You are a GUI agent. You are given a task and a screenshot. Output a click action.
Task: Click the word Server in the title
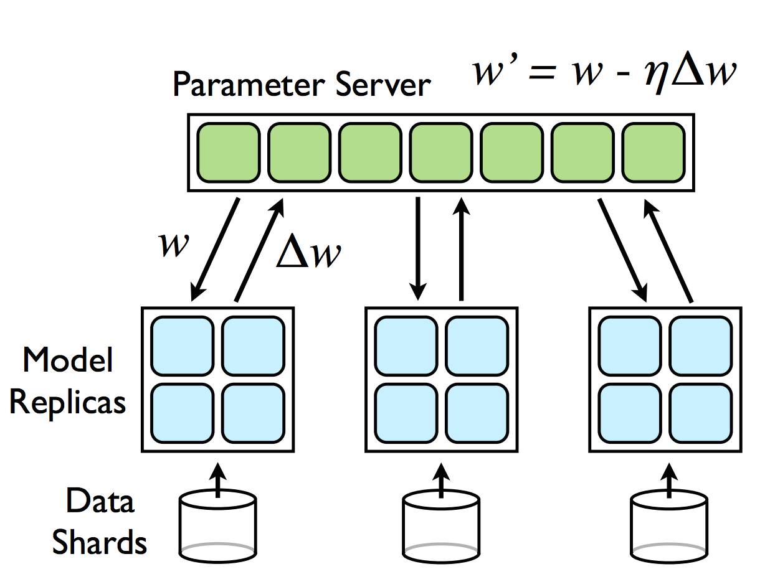(383, 84)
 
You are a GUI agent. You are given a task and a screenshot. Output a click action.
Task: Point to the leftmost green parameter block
(229, 153)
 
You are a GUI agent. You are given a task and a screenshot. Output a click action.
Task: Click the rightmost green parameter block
(653, 153)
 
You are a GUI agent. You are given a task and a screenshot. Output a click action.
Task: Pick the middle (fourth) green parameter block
(441, 153)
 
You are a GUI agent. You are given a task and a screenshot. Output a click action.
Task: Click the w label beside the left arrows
(174, 244)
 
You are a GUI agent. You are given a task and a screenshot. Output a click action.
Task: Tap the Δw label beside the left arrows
(309, 251)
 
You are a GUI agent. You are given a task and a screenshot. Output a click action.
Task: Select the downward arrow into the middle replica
(418, 248)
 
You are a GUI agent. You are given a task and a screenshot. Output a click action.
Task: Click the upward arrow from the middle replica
(461, 249)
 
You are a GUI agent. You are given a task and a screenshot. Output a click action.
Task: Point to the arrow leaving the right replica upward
(668, 251)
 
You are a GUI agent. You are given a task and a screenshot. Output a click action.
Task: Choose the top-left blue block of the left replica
(183, 346)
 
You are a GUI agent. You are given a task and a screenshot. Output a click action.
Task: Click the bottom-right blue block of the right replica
(701, 413)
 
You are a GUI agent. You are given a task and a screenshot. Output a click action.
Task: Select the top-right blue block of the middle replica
(477, 346)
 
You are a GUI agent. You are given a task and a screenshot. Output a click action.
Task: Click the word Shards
(99, 542)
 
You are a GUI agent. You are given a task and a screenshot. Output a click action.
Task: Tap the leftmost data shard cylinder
(217, 527)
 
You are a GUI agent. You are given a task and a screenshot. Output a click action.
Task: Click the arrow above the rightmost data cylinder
(669, 480)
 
